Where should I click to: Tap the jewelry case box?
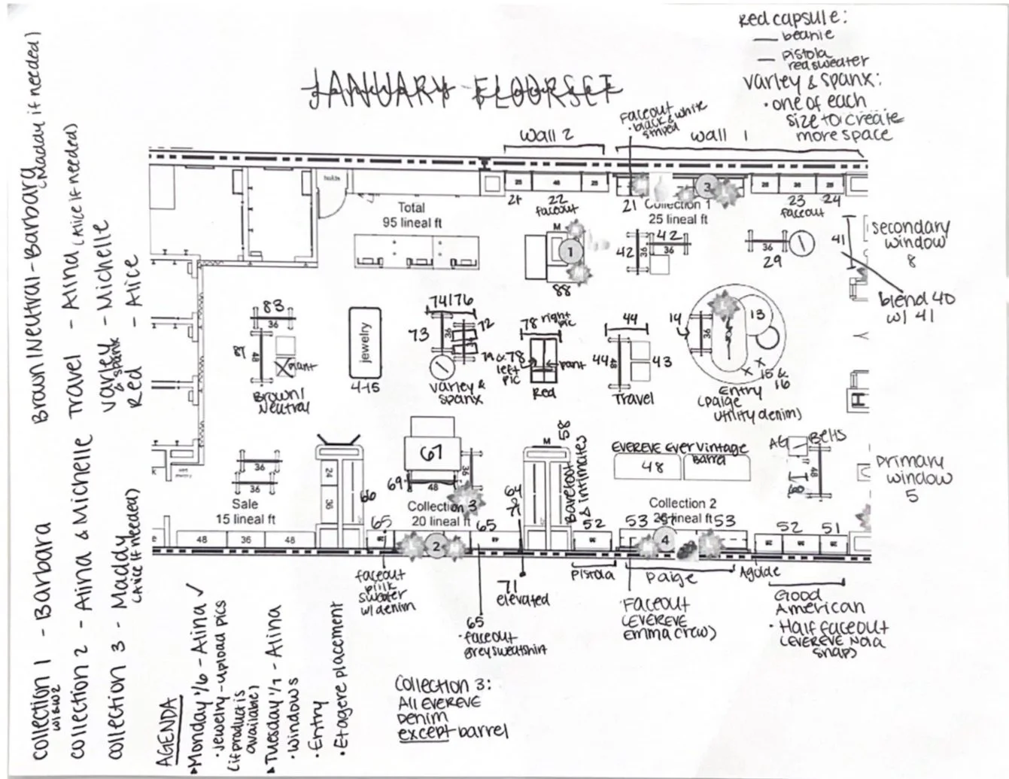365,342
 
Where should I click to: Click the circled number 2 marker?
436,547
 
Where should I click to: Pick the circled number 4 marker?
665,539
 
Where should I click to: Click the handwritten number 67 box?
431,453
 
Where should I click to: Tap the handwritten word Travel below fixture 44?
634,398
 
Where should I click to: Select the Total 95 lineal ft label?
411,215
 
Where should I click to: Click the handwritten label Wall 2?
547,135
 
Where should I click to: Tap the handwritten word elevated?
523,600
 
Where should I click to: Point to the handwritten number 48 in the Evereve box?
652,467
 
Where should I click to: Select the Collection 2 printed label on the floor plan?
682,503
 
